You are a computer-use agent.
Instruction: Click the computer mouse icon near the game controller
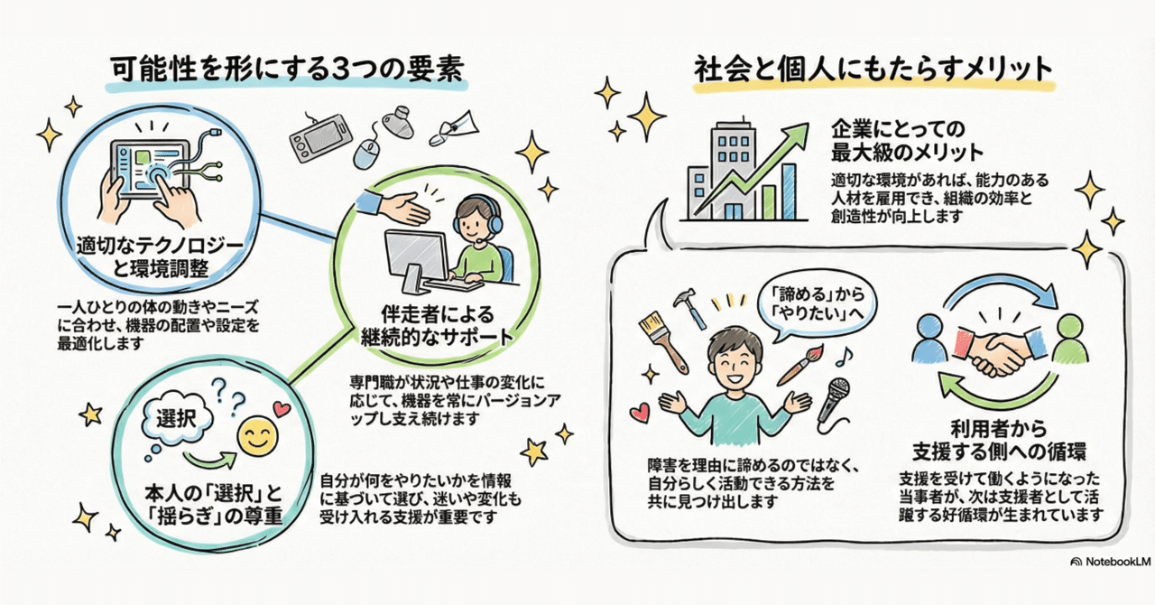coord(365,153)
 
